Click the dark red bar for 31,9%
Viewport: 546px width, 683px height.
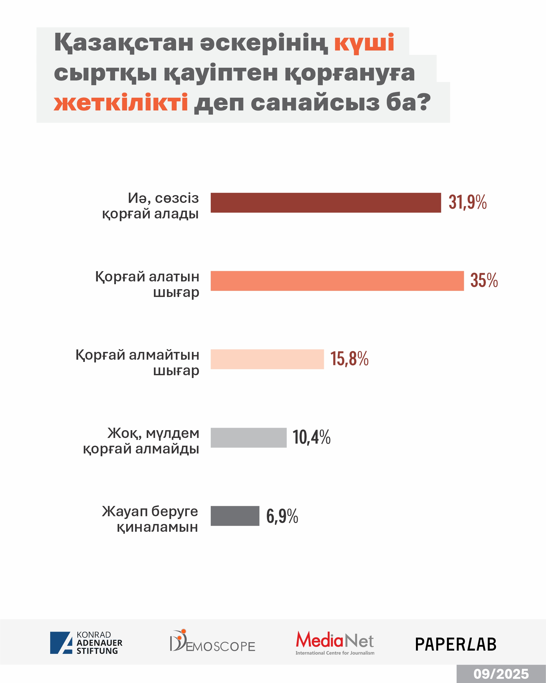pyautogui.click(x=326, y=203)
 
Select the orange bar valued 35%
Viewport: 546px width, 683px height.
pyautogui.click(x=337, y=281)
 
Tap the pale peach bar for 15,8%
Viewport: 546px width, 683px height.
pyautogui.click(x=267, y=359)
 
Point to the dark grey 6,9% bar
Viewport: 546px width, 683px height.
pyautogui.click(x=235, y=516)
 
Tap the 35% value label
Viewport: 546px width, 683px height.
pyautogui.click(x=484, y=281)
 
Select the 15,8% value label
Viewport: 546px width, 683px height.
pyautogui.click(x=349, y=359)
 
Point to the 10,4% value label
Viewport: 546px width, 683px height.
pyautogui.click(x=311, y=437)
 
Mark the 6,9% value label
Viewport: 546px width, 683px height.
pyautogui.click(x=282, y=516)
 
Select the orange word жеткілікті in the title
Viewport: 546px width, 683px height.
pyautogui.click(x=121, y=103)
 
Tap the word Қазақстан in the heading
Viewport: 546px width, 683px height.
pyautogui.click(x=124, y=42)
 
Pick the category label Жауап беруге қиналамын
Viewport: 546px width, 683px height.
pyautogui.click(x=150, y=519)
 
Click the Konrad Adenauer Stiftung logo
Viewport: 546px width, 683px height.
pyautogui.click(x=86, y=643)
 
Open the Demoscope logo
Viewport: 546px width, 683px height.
pyautogui.click(x=212, y=641)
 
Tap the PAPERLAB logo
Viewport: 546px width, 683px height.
pyautogui.click(x=456, y=644)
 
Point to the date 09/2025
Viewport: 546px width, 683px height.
pyautogui.click(x=501, y=674)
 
